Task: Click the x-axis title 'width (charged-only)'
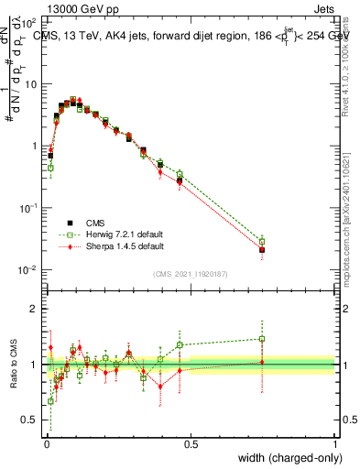pos(284,458)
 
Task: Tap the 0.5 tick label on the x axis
pos(191,444)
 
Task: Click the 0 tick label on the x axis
pos(46,444)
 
